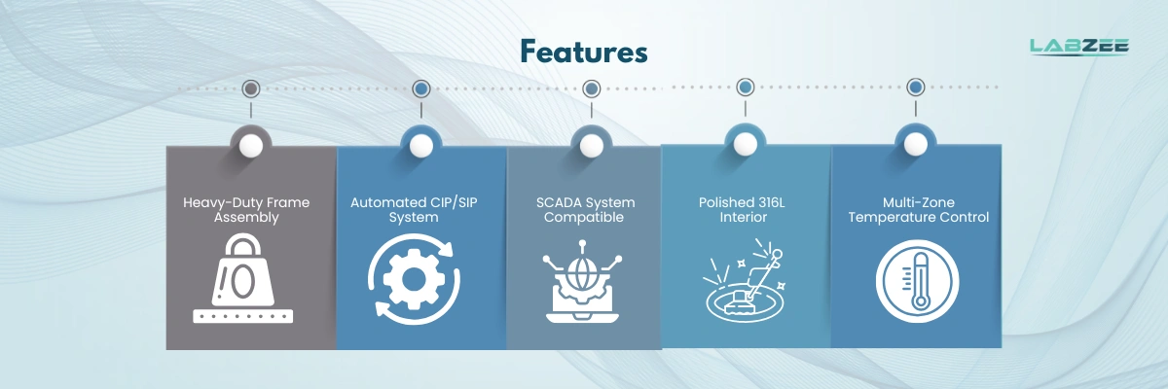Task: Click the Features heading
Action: coord(584,53)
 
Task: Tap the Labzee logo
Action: coord(1079,47)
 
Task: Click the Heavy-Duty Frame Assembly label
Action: coord(246,210)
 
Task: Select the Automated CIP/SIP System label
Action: coord(414,210)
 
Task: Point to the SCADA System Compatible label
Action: coord(585,210)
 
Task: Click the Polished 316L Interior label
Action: coord(742,210)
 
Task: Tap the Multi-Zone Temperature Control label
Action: coord(918,210)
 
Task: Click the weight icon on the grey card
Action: coord(243,278)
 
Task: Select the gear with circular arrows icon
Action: coord(414,279)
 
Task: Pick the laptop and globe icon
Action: coord(582,281)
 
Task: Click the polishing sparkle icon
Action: coord(745,280)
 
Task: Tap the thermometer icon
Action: coord(917,281)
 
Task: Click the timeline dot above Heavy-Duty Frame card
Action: coord(251,88)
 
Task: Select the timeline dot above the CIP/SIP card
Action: coord(421,88)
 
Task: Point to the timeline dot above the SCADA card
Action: coord(592,88)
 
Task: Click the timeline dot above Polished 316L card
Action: coord(746,87)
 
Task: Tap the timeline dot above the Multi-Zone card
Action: coord(916,87)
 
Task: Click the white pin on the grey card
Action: coord(251,146)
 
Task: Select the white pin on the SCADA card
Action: coord(592,146)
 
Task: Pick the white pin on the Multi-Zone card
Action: coord(916,144)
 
